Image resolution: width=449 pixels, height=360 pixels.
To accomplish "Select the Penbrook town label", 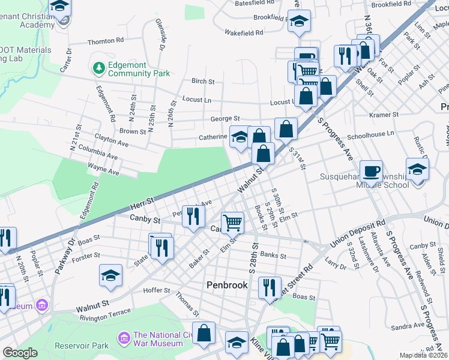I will pos(227,285).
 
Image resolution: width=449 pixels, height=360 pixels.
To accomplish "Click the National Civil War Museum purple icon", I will pos(124,338).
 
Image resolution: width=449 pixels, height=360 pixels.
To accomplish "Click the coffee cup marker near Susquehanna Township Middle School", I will pos(371,170).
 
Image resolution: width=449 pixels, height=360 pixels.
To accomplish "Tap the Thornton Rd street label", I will pos(105,41).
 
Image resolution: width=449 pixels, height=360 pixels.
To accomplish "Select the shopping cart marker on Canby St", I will pos(232,223).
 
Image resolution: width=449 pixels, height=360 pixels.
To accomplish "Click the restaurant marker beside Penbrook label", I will pos(270,287).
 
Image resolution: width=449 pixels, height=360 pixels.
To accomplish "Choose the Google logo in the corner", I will pos(20,353).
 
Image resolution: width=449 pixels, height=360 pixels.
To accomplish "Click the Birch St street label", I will pos(203,81).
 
